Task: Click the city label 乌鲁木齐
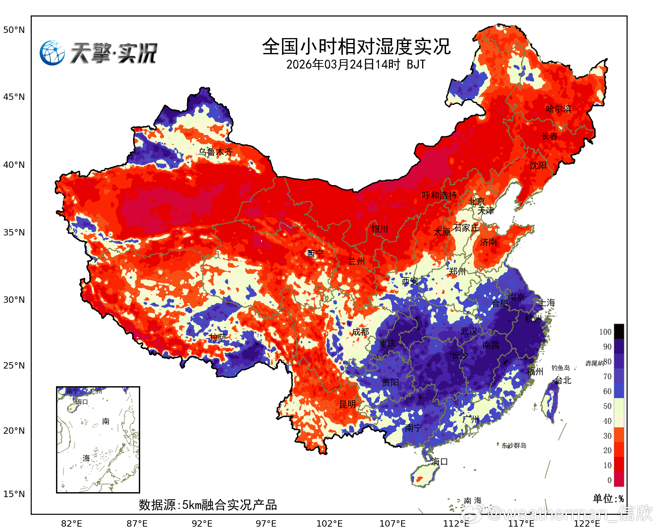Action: point(216,152)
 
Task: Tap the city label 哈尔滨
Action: point(559,109)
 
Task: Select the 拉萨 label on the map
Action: point(218,337)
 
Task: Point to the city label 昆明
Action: point(348,404)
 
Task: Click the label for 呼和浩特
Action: point(439,195)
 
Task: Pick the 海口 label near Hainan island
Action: point(440,461)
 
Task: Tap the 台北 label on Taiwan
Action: point(563,380)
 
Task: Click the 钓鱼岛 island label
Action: point(561,368)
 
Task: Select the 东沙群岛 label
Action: point(514,445)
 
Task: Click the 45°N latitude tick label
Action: point(14,97)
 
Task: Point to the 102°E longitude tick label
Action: point(330,524)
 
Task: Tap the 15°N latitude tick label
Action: point(14,494)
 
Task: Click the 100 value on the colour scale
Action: point(605,332)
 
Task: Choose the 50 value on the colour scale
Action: point(607,406)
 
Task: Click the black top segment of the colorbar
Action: point(619,331)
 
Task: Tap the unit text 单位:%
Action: point(608,499)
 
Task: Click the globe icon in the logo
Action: point(52,53)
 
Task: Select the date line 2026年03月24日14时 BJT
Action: point(356,64)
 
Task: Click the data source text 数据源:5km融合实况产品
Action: point(208,505)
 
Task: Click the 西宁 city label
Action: point(315,253)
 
